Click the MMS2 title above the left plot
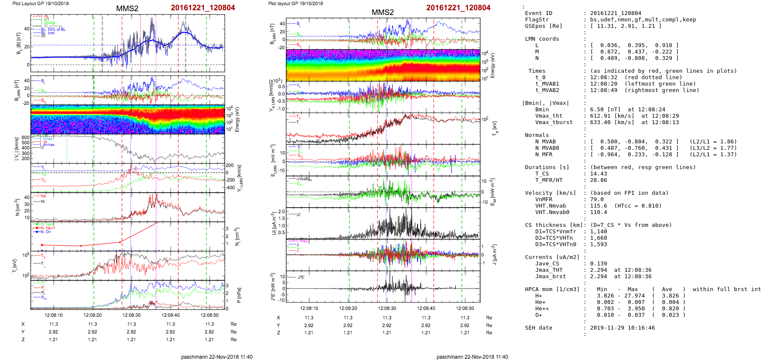pos(127,9)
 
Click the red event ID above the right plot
pos(458,8)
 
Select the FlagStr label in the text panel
pos(537,20)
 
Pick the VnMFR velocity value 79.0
pos(597,199)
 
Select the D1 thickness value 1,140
pos(599,232)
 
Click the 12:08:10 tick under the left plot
pos(53,315)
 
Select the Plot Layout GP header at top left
pos(40,3)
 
